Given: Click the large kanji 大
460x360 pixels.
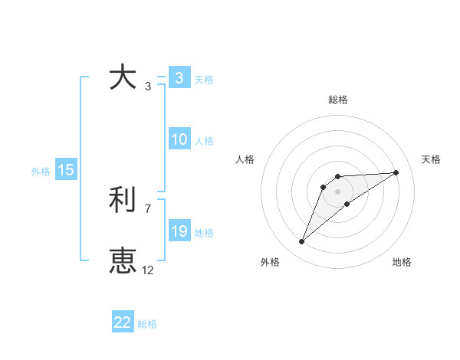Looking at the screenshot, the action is pyautogui.click(x=123, y=77).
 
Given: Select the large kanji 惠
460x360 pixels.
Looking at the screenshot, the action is pyautogui.click(x=123, y=261).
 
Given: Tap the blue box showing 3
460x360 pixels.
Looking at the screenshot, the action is pyautogui.click(x=179, y=77).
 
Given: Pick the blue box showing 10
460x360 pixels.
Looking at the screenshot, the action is pyautogui.click(x=179, y=139).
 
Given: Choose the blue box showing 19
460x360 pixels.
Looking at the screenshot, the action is pyautogui.click(x=179, y=231).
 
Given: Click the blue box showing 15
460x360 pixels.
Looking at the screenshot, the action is pyautogui.click(x=66, y=170).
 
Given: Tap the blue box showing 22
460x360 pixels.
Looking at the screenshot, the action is pyautogui.click(x=123, y=322).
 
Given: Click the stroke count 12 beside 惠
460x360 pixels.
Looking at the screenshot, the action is pyautogui.click(x=148, y=270).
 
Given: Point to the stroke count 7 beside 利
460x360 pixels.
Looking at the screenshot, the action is pyautogui.click(x=148, y=208).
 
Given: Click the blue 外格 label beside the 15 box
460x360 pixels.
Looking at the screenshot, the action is pyautogui.click(x=41, y=172).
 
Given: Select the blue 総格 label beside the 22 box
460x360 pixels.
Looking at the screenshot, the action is pyautogui.click(x=147, y=324).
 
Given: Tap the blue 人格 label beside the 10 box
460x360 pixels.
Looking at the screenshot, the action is pyautogui.click(x=204, y=141).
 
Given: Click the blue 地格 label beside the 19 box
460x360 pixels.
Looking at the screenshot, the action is pyautogui.click(x=204, y=233).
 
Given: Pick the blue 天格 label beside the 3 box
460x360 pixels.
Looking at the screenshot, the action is pyautogui.click(x=204, y=79).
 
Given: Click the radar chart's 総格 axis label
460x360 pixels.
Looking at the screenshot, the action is pyautogui.click(x=338, y=100).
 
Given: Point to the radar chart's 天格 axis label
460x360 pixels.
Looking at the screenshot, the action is pyautogui.click(x=431, y=159).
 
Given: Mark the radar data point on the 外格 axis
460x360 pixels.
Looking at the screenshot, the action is pyautogui.click(x=302, y=242).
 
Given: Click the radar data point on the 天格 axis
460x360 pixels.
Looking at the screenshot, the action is pyautogui.click(x=396, y=172).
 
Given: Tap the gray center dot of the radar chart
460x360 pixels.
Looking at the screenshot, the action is pyautogui.click(x=338, y=191).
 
